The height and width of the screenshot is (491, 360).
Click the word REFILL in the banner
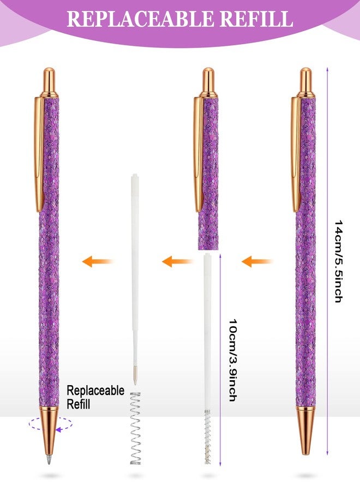tap(256, 19)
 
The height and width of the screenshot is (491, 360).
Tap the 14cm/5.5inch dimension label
tap(339, 261)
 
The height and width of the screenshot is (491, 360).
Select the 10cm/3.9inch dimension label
tap(232, 360)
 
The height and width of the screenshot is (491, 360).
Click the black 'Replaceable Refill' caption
tap(95, 397)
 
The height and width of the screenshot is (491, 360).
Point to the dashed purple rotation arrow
tap(51, 424)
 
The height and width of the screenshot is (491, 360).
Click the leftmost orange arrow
tap(97, 261)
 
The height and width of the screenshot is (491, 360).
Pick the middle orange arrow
tap(177, 261)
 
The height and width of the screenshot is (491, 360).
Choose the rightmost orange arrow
tap(257, 261)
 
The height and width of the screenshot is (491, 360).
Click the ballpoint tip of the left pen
tap(49, 461)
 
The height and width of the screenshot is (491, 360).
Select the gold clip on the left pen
tap(39, 153)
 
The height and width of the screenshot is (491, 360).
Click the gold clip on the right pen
tap(296, 153)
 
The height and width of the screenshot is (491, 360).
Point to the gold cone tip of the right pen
tap(306, 430)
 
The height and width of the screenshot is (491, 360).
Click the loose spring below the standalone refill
tap(136, 428)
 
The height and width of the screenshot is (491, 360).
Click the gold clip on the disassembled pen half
tap(199, 153)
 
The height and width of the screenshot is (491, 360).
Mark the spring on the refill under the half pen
tap(207, 437)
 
